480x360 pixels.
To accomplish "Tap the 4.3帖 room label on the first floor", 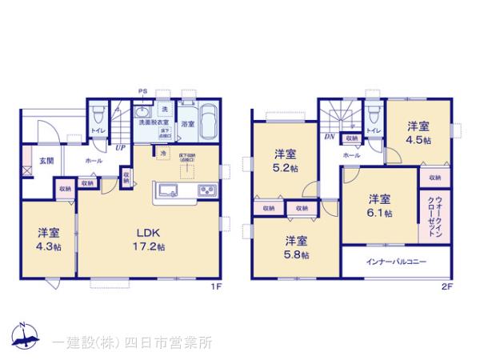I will (x=49, y=239).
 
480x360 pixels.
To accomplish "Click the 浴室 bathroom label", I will (x=187, y=124).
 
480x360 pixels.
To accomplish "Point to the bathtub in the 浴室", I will (x=208, y=122).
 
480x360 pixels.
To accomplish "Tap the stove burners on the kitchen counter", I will (x=205, y=190).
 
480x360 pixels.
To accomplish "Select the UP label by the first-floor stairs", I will (x=120, y=147).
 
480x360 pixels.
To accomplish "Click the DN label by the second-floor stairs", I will (x=327, y=137).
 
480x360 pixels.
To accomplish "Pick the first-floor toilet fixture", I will (x=96, y=114).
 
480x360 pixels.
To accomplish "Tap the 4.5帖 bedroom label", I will (x=417, y=132).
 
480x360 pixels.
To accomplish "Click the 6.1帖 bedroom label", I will (x=379, y=206).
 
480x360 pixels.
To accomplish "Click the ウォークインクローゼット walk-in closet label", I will (x=432, y=215).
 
